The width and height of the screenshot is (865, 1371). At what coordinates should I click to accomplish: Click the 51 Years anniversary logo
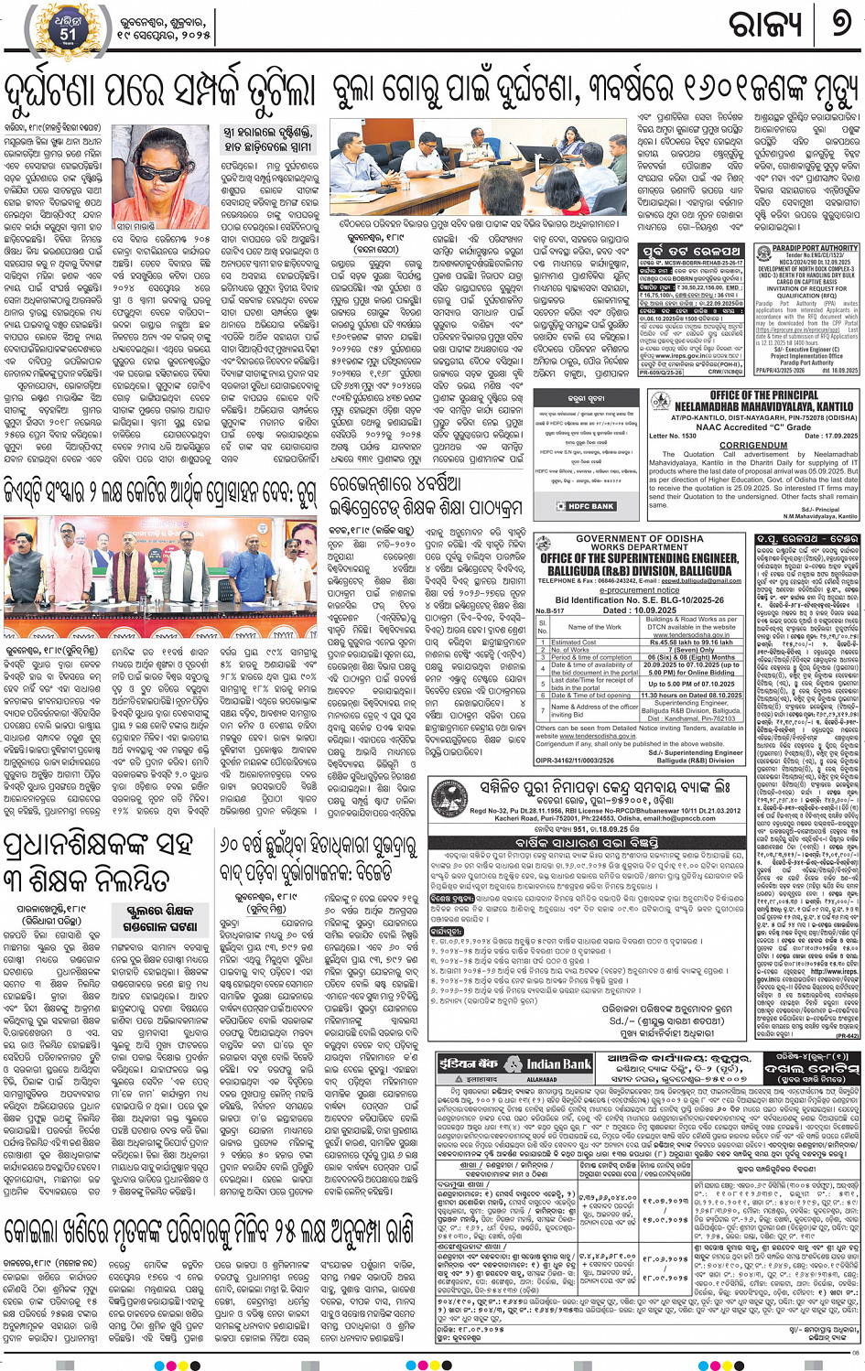[x=68, y=28]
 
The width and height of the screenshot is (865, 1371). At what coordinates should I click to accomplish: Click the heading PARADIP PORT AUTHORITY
[x=807, y=248]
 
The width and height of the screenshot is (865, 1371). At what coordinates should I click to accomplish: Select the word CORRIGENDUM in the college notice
[x=752, y=445]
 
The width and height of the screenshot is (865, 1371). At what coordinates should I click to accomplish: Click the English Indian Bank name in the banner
[x=558, y=1064]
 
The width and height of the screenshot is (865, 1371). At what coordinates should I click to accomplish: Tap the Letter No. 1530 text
[x=674, y=436]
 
